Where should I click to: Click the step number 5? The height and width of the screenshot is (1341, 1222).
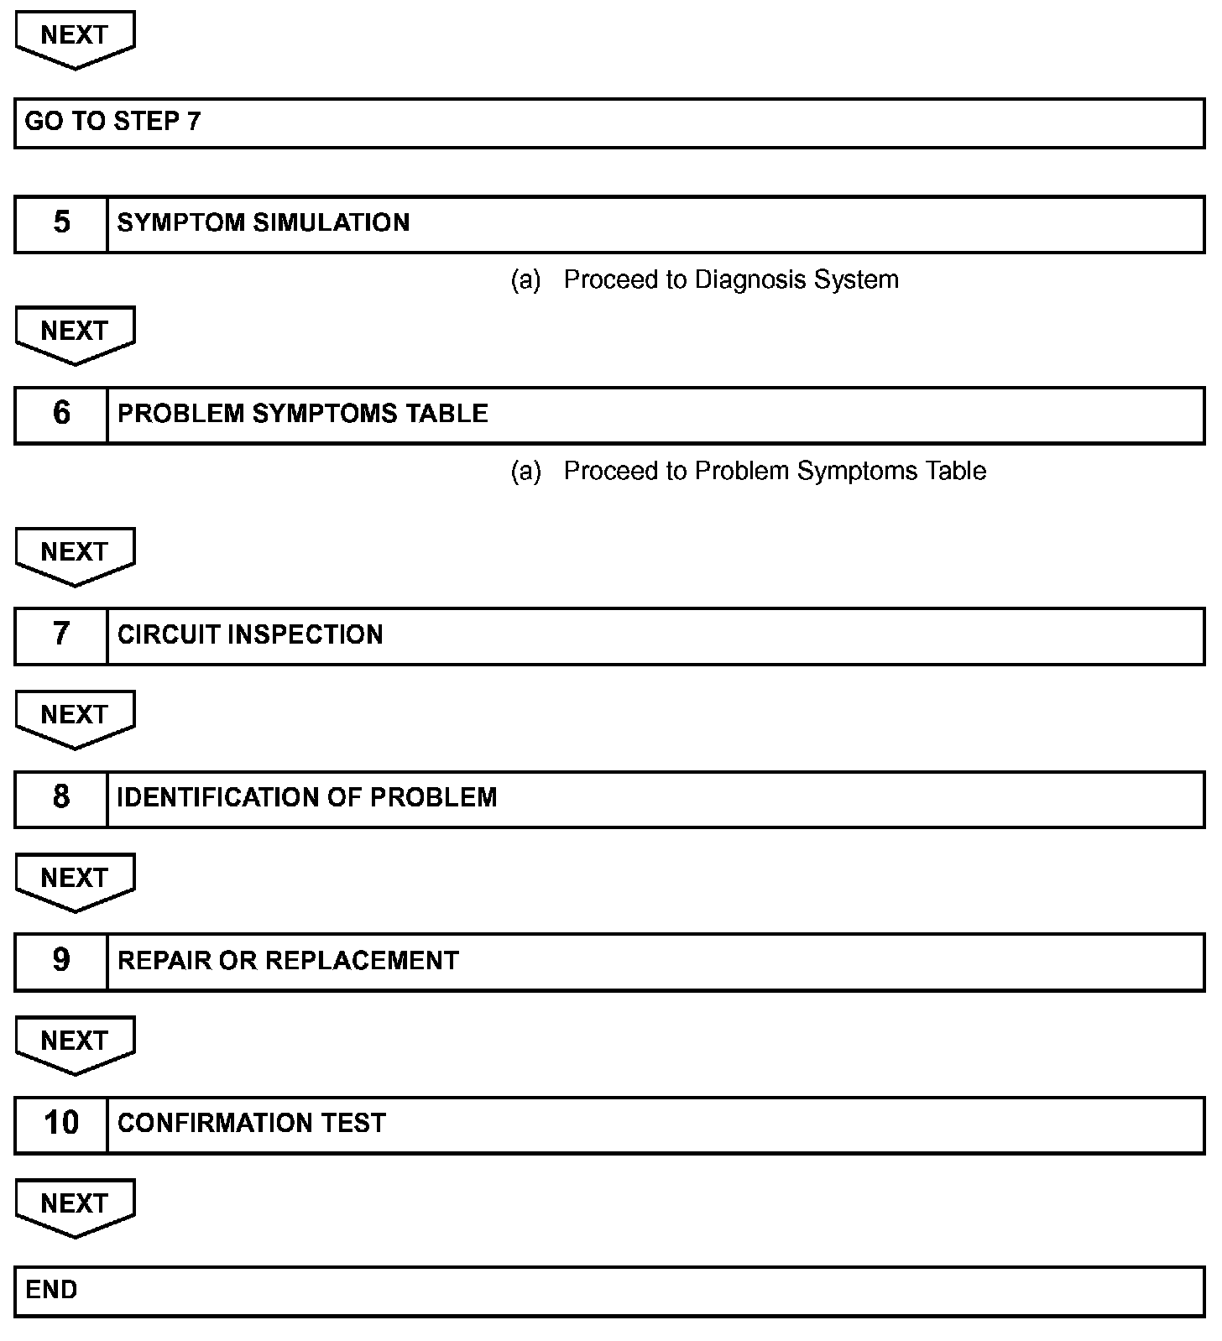pos(61,222)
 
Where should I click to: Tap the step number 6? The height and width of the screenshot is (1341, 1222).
pos(61,413)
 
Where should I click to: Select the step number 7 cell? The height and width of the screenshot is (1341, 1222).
pos(61,634)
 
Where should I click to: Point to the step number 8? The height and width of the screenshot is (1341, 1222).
pos(61,797)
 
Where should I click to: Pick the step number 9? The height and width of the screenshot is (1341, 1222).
pos(61,960)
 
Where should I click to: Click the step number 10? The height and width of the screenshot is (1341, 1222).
pos(61,1123)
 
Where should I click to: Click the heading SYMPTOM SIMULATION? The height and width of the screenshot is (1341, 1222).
pos(264,222)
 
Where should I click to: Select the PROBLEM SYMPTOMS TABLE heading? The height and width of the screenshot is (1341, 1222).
pos(302,414)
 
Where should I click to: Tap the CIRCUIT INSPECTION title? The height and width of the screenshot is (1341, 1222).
pos(250,634)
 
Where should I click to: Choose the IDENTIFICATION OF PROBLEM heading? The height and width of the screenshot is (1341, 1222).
pos(307,797)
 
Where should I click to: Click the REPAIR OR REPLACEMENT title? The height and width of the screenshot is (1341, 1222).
pos(288,960)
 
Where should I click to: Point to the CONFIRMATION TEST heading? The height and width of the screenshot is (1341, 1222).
pos(252,1123)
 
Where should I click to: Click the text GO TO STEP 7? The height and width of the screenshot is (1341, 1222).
pos(112,122)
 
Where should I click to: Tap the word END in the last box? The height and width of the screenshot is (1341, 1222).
pos(51,1289)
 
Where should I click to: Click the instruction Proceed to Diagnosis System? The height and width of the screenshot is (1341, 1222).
pos(730,279)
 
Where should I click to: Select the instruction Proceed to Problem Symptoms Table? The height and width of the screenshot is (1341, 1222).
pos(774,471)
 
